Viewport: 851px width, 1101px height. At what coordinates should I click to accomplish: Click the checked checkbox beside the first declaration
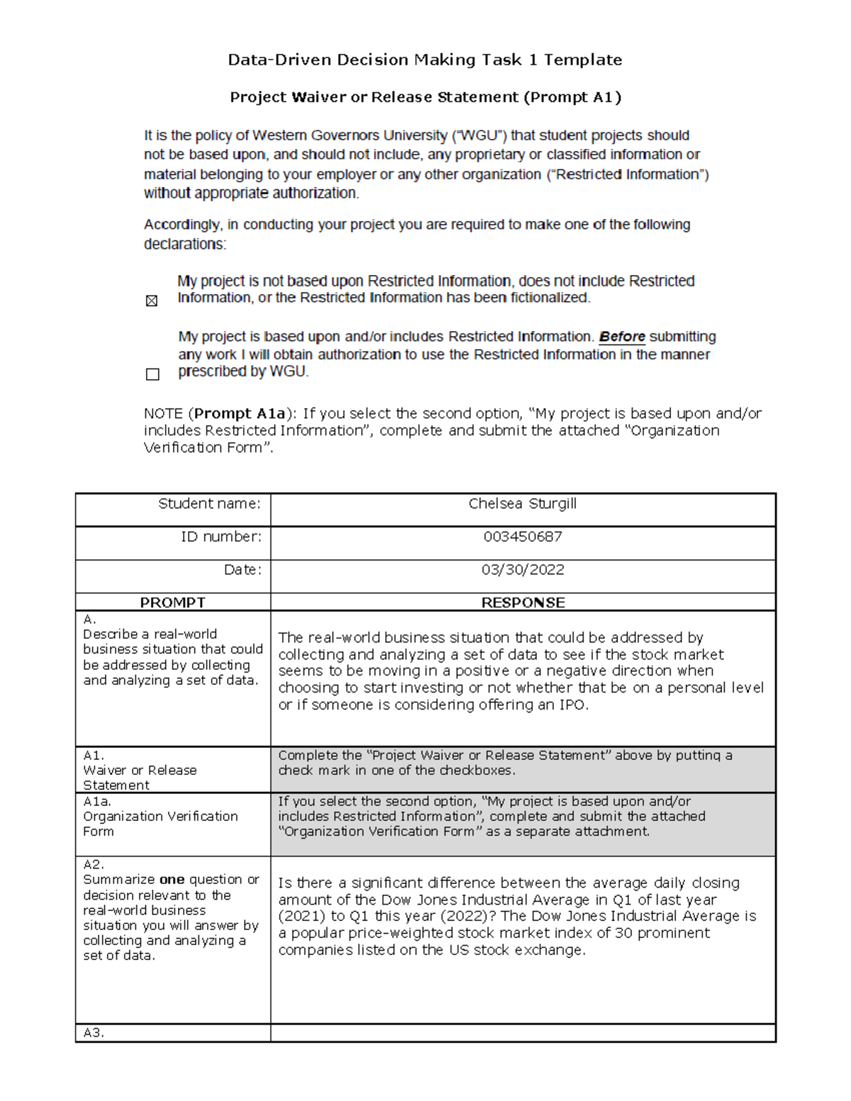point(152,301)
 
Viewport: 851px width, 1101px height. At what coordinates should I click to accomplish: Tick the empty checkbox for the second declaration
point(152,374)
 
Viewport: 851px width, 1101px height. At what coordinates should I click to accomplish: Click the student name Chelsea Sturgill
point(522,504)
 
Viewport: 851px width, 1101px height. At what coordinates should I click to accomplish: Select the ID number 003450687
point(523,537)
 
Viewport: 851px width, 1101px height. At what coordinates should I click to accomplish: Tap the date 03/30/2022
point(523,570)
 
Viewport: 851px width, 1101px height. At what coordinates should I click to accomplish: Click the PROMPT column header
point(172,603)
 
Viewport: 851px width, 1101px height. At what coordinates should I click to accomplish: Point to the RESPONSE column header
point(523,603)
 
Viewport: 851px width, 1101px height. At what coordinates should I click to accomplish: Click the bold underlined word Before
point(622,337)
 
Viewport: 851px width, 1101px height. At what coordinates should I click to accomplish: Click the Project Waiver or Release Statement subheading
point(425,97)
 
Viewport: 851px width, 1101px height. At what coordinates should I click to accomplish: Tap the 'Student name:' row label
point(209,504)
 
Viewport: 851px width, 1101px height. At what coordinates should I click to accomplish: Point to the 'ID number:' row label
point(221,537)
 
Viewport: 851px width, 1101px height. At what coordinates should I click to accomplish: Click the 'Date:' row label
point(243,570)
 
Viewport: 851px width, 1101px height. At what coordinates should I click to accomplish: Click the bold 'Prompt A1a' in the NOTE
point(240,413)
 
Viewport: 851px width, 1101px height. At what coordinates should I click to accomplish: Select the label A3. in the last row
point(94,1033)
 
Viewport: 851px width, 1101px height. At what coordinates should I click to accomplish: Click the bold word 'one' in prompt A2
point(172,880)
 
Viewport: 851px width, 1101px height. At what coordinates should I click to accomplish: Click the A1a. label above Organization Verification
point(97,801)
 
